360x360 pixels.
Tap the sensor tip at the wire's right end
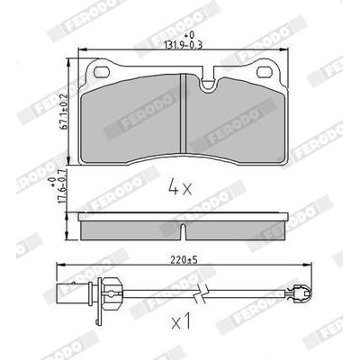pyautogui.click(x=303, y=290)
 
